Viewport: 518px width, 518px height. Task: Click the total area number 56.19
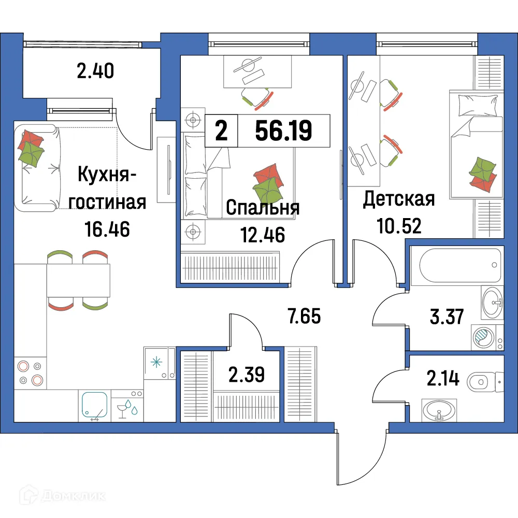tap(283, 132)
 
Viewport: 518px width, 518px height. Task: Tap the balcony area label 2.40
tap(95, 70)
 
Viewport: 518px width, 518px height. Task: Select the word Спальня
tap(263, 208)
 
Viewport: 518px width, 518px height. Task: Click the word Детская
tap(398, 199)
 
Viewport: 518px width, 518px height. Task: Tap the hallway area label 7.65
tap(305, 315)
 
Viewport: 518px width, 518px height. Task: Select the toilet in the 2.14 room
tap(484, 383)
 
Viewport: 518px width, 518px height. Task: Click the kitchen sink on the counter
tap(93, 405)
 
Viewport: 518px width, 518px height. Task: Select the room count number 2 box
tap(221, 132)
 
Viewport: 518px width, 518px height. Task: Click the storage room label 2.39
tap(247, 373)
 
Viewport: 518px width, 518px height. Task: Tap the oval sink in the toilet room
tap(439, 412)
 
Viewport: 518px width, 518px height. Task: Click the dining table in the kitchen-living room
tap(78, 280)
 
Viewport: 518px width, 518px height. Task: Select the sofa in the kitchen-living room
tap(36, 167)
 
